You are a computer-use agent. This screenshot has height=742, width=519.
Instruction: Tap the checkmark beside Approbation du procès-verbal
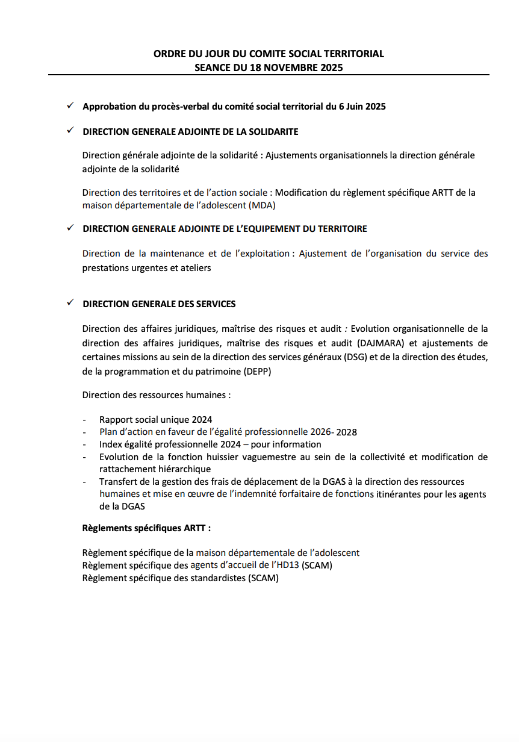click(70, 106)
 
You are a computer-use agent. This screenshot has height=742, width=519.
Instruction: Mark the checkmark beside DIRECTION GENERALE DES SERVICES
click(70, 304)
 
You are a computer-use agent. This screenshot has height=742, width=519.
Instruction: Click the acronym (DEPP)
click(258, 372)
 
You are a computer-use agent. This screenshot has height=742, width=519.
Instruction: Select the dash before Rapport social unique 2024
click(85, 420)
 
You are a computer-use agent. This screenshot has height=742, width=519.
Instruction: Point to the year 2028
click(347, 432)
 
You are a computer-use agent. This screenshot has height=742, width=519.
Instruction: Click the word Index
click(111, 444)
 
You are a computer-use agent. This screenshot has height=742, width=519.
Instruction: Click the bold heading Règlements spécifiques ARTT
click(146, 528)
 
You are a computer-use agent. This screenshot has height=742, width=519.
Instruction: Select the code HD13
click(288, 566)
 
